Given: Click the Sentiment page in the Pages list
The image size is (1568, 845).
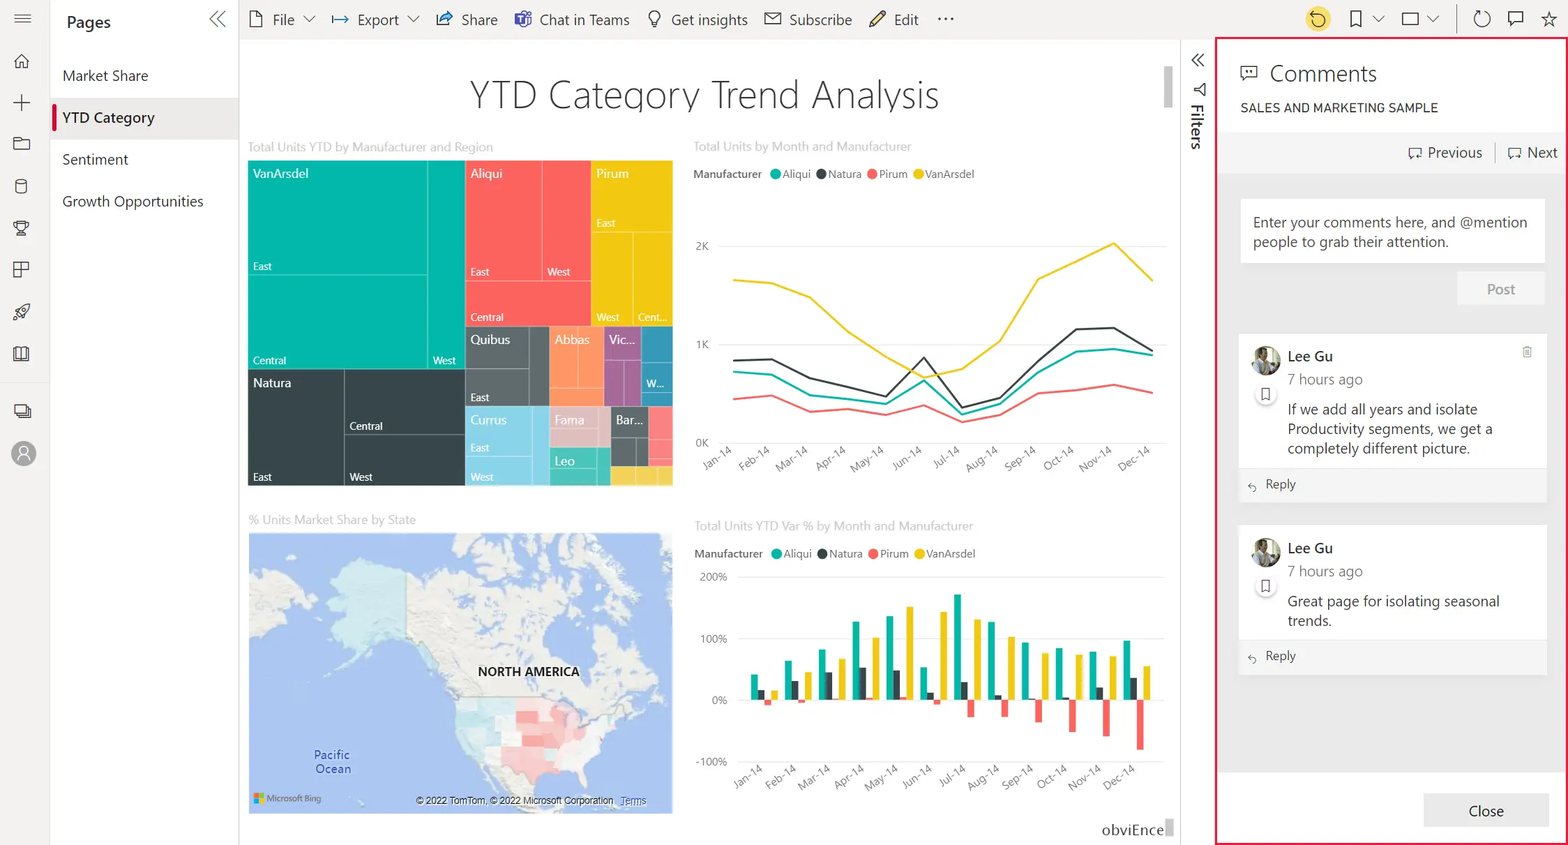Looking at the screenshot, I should point(96,160).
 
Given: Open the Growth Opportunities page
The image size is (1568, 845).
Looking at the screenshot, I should point(133,202).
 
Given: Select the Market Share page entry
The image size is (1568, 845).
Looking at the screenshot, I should point(105,76).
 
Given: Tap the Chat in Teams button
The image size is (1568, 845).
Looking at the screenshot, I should point(572,20).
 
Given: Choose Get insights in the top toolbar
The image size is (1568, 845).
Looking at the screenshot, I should point(698,20).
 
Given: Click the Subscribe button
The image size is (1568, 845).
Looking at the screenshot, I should point(808,20).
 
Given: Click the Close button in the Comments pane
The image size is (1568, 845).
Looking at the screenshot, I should point(1486,811).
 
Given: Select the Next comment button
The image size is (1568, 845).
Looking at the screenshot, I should point(1532,153).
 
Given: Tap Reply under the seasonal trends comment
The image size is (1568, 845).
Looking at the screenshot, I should point(1280,656).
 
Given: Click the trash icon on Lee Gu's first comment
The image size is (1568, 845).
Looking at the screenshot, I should point(1527,352).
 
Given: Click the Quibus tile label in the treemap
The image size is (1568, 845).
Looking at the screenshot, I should point(490,340).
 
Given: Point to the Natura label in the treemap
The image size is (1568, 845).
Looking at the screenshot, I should point(272,383).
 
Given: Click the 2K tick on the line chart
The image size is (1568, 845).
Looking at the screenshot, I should point(702,246).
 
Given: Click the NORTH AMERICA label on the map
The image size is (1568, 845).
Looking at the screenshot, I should point(528,671).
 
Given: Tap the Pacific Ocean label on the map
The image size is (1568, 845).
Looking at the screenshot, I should point(332,762).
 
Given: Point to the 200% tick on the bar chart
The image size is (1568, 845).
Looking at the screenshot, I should point(713,577).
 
